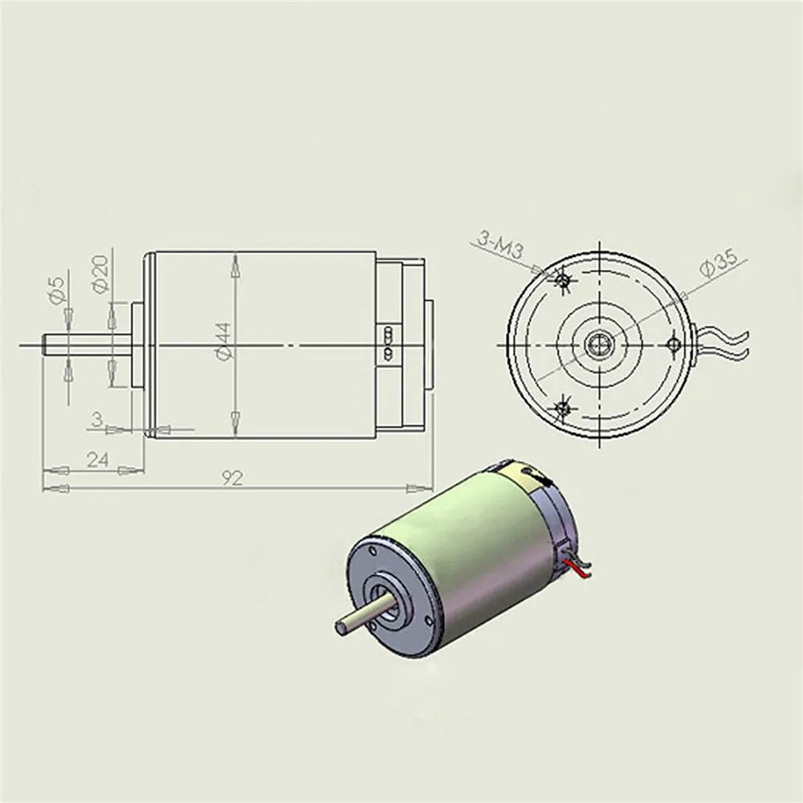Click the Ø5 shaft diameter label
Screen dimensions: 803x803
click(x=55, y=290)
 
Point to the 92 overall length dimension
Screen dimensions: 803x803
click(x=233, y=479)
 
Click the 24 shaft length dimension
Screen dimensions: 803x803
click(x=97, y=460)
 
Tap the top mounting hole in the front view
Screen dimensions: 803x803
click(x=563, y=279)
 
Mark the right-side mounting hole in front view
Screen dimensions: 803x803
click(x=675, y=344)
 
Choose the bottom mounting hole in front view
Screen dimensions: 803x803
click(x=563, y=408)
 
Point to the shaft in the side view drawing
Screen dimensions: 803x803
click(x=80, y=344)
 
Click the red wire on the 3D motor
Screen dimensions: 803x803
click(x=577, y=571)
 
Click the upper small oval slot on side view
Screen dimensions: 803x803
click(x=389, y=332)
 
